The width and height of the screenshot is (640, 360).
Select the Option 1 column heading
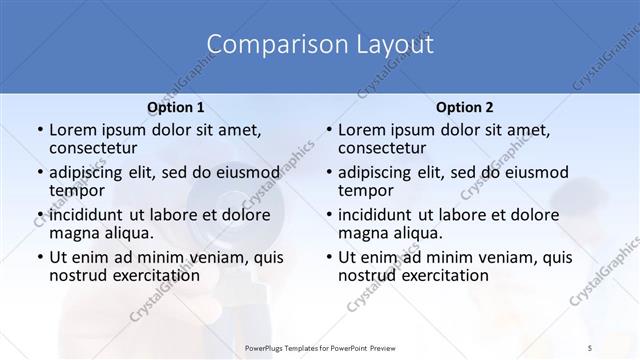pos(176,107)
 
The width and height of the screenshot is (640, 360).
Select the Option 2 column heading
pos(465,107)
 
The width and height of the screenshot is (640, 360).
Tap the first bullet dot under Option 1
pos(38,130)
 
